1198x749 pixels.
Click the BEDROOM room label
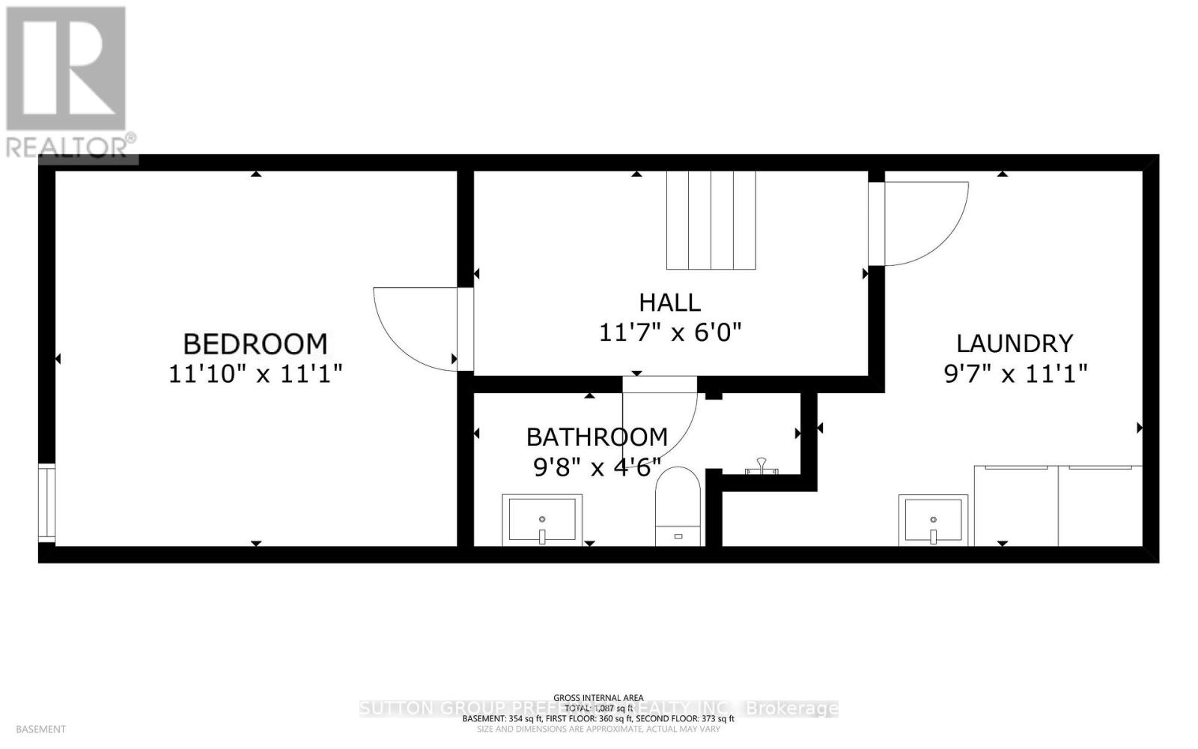(255, 344)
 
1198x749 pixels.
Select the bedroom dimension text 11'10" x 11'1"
(255, 373)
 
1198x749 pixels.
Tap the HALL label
(669, 303)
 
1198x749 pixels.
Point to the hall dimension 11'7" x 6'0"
(669, 332)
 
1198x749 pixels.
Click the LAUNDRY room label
(1015, 343)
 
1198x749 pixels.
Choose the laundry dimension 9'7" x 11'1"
(1015, 373)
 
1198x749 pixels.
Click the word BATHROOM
(597, 437)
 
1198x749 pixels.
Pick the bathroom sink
(542, 518)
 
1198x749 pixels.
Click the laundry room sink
(933, 520)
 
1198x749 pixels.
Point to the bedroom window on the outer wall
(47, 503)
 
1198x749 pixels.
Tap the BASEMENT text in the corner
(40, 729)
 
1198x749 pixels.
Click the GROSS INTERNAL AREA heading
(598, 698)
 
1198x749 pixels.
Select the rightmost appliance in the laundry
(1100, 506)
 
